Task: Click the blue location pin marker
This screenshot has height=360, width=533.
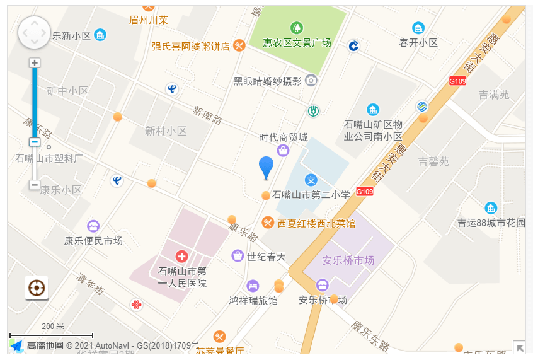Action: point(266,166)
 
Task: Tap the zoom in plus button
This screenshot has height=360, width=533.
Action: point(35,63)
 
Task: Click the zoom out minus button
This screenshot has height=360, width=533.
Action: point(35,185)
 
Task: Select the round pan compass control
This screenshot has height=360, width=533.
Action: point(34,32)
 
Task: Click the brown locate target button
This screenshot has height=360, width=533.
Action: point(37,288)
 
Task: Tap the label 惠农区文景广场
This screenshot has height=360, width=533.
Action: point(297,43)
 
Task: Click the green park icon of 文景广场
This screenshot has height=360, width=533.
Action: point(296,28)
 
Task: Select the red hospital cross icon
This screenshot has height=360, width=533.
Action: point(181,256)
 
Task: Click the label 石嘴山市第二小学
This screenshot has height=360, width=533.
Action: point(311,195)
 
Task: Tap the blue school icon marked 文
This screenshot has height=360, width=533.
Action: point(311,180)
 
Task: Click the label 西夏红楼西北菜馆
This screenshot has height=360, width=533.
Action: point(316,223)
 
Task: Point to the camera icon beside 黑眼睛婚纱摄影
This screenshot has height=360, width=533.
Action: point(311,80)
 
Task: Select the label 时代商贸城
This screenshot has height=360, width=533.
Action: point(284,137)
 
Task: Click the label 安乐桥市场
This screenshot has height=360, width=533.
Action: point(348,260)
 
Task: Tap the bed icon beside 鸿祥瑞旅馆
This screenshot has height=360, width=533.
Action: point(253,285)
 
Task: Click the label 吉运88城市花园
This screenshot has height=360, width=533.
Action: point(491,223)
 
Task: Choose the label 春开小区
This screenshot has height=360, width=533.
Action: point(418,42)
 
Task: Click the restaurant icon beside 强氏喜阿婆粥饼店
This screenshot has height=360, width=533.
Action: point(239,45)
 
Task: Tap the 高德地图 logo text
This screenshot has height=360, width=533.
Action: point(44,345)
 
